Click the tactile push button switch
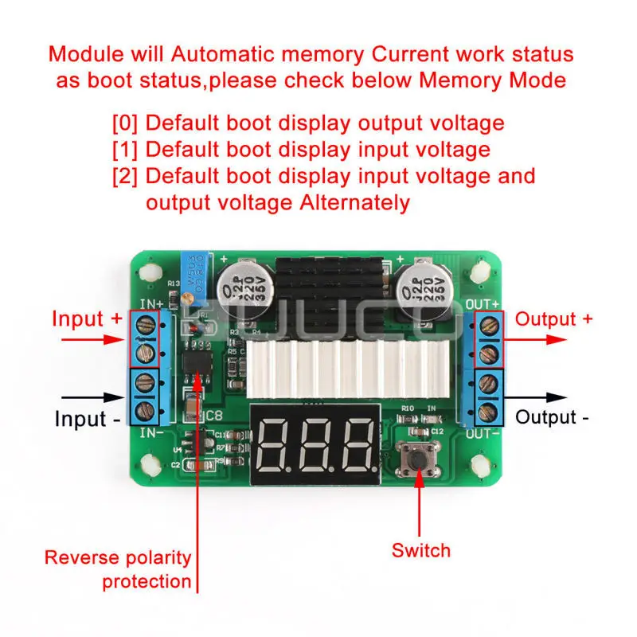coord(418,459)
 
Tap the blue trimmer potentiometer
coord(195,277)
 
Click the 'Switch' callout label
coord(421,551)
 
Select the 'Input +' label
coord(87,318)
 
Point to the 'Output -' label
coord(552,417)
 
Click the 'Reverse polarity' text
coord(118,558)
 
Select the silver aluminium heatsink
coord(348,369)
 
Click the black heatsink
coord(330,297)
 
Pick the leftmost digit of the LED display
coord(272,445)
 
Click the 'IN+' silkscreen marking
coord(151,304)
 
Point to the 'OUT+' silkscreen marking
coord(483,304)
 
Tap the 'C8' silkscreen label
coord(213,415)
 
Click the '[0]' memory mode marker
coord(125,123)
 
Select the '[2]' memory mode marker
coord(125,176)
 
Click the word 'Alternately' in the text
coord(354,203)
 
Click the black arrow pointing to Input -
coord(93,397)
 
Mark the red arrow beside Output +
coord(536,340)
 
